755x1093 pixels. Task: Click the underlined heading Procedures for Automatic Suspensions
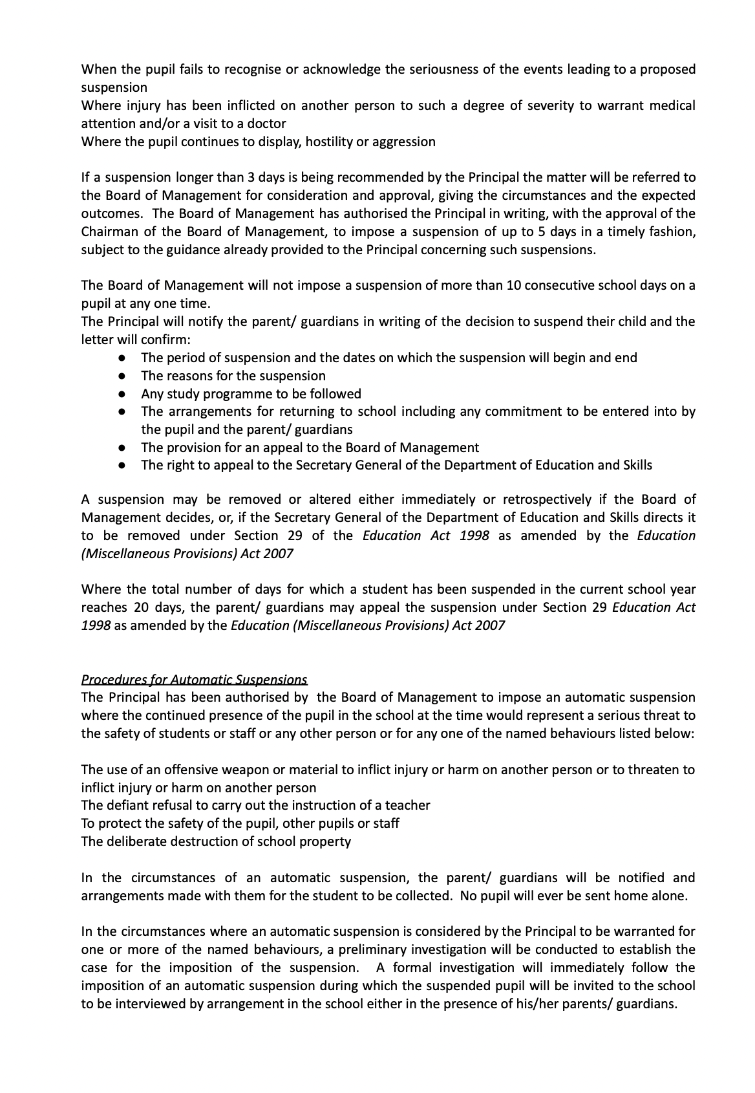click(194, 680)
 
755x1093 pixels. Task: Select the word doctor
click(268, 123)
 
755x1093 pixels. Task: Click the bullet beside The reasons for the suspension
click(122, 376)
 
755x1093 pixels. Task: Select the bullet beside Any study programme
click(122, 394)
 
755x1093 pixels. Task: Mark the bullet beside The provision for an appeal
click(122, 448)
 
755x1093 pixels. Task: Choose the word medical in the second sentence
click(672, 105)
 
